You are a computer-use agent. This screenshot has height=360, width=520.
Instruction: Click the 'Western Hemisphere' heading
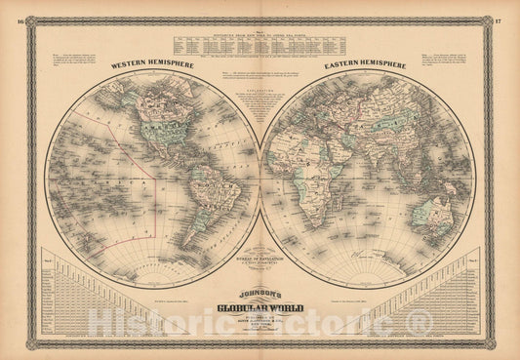click(152, 66)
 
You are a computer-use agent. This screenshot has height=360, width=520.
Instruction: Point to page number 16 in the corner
click(8, 20)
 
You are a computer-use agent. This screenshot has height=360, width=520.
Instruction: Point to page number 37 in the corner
click(511, 20)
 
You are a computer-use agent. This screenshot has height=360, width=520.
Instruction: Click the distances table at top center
click(260, 43)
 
